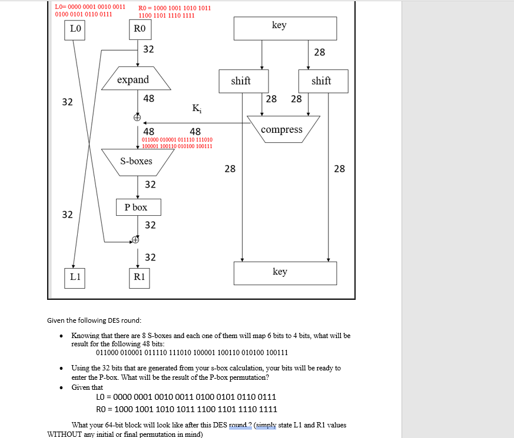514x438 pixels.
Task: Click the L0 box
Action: [75, 29]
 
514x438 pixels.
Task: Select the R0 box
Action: [140, 29]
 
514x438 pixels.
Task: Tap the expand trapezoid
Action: [135, 80]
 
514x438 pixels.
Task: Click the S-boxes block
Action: [137, 162]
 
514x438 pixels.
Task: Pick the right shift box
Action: [322, 81]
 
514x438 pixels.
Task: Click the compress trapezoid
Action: [283, 129]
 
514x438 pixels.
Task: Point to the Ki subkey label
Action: [195, 108]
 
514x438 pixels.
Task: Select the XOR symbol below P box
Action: [136, 240]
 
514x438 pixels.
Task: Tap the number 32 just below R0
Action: [148, 49]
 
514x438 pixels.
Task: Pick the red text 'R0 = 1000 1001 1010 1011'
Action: [175, 8]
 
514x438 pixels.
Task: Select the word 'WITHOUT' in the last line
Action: [64, 434]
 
